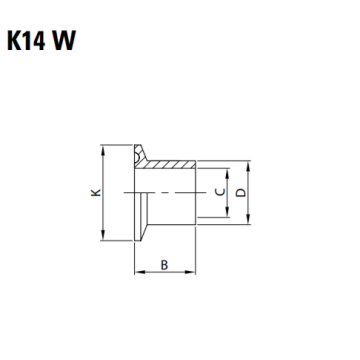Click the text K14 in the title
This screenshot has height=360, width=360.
[26, 41]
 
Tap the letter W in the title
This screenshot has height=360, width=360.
[64, 41]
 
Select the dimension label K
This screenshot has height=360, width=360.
[96, 193]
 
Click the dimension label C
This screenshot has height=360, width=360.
[220, 192]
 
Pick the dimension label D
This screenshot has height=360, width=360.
[240, 192]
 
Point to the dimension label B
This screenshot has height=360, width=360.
[164, 265]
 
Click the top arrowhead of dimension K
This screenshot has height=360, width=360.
[103, 149]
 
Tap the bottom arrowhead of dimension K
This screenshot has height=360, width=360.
[103, 235]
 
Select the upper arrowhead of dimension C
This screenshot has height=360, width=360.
[227, 173]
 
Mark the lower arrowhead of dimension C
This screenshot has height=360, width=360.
[227, 212]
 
